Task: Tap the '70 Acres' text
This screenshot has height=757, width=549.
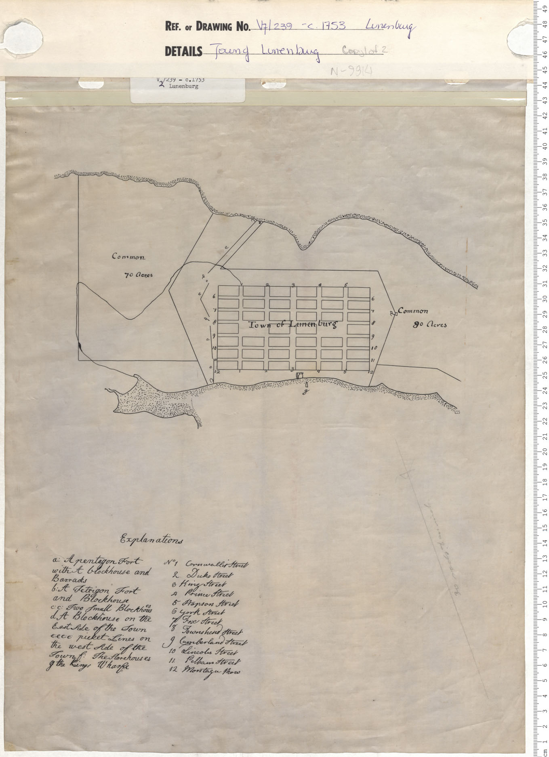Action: click(x=139, y=275)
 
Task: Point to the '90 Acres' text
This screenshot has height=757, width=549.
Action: click(x=429, y=324)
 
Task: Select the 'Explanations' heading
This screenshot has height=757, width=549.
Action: click(x=151, y=540)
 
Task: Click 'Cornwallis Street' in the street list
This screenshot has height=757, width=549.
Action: click(x=217, y=564)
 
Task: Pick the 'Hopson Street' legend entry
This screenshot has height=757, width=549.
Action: click(x=210, y=603)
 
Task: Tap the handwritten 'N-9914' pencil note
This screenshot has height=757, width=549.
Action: click(x=351, y=71)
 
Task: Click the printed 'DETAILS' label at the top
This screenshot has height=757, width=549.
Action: click(x=183, y=52)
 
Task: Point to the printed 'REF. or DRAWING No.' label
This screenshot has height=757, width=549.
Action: click(x=208, y=27)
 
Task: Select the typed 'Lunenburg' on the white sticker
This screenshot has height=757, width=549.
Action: click(x=183, y=86)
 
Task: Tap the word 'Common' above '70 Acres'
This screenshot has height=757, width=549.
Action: click(x=128, y=257)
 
